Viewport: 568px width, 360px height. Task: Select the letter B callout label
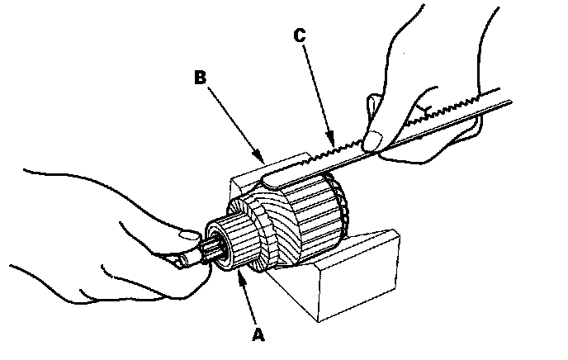(x=199, y=78)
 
